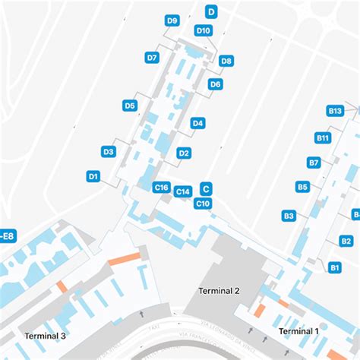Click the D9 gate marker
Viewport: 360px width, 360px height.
(x=172, y=21)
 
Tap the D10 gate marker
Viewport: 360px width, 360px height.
(x=203, y=30)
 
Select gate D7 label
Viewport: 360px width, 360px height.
(x=152, y=57)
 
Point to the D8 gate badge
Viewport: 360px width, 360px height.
(x=226, y=61)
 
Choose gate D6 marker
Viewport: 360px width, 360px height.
(x=215, y=84)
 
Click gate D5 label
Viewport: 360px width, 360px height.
(x=130, y=106)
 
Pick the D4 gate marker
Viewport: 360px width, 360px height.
(x=197, y=123)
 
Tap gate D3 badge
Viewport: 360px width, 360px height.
(x=109, y=152)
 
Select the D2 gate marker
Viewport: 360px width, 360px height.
(x=184, y=153)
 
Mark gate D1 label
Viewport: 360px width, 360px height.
(x=93, y=176)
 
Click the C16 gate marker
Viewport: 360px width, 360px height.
(x=161, y=188)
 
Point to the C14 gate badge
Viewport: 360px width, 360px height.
(x=182, y=192)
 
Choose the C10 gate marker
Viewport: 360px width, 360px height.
(x=203, y=204)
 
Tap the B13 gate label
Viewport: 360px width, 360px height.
(x=335, y=111)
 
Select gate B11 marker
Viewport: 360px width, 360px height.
(x=323, y=137)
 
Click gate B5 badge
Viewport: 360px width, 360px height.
(x=302, y=187)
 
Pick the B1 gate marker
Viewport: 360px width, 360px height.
(x=335, y=267)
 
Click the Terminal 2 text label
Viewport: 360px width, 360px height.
(x=219, y=291)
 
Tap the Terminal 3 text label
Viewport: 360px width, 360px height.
(x=46, y=336)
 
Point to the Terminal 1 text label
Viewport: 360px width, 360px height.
(x=298, y=331)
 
